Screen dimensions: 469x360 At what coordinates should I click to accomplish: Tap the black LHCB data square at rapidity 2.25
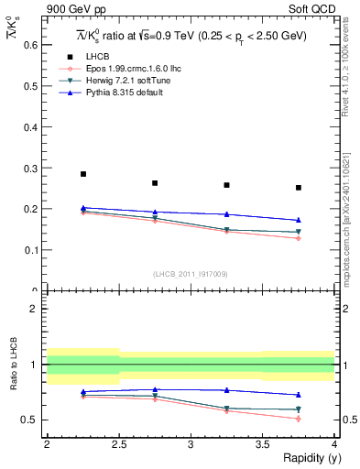click(83, 174)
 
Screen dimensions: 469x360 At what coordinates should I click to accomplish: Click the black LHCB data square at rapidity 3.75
click(299, 188)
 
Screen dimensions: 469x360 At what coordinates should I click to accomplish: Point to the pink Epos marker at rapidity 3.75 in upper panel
click(299, 238)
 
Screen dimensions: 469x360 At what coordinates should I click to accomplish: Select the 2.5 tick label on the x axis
click(118, 444)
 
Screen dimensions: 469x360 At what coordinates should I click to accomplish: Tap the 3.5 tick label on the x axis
click(262, 444)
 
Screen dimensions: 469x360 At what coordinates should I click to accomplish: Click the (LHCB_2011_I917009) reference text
click(191, 274)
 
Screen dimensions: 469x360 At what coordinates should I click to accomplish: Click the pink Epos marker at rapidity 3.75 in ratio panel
click(299, 419)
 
